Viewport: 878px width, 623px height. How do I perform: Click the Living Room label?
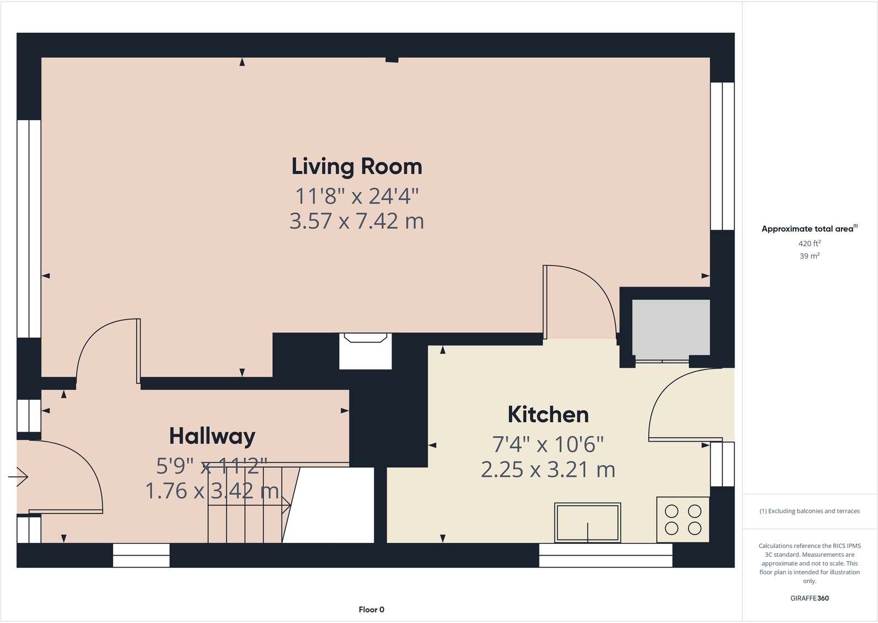pos(357,167)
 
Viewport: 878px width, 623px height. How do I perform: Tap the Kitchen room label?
pos(548,415)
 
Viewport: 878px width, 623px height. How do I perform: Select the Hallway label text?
pos(212,436)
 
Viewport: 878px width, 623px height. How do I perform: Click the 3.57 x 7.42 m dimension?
pos(357,221)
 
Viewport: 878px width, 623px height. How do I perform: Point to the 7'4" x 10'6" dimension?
pos(548,444)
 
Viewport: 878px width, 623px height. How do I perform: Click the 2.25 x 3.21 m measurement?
pos(548,470)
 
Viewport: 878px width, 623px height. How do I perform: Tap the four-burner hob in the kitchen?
pos(683,520)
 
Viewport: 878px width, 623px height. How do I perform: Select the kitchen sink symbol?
pos(588,523)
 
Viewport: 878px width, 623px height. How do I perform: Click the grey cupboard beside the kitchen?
pos(670,327)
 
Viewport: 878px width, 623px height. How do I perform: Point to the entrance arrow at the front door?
pos(19,476)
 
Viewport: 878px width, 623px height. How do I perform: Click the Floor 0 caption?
pos(371,610)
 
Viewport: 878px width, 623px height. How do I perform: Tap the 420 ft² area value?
pos(809,243)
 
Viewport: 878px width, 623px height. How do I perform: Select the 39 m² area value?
pos(809,256)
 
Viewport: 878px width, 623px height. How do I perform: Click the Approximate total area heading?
pos(808,229)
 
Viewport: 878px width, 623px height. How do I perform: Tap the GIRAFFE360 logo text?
pos(809,598)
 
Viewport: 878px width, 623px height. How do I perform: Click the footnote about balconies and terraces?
pos(809,511)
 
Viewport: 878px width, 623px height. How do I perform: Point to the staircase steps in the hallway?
pos(246,504)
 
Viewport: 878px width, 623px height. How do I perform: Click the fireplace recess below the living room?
pos(365,352)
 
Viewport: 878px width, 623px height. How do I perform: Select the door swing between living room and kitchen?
pos(585,299)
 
